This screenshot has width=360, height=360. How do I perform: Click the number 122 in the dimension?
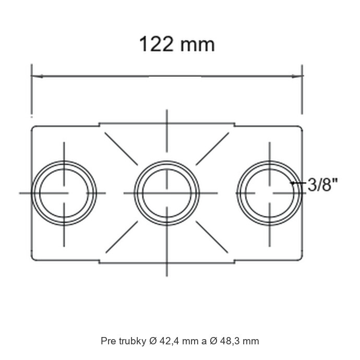[x=156, y=44]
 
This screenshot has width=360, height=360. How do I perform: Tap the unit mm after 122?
[x=197, y=45]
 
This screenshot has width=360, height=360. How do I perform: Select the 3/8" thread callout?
[x=322, y=185]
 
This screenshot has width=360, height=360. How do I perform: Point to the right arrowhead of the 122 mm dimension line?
[x=297, y=76]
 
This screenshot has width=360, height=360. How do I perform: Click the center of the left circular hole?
[x=64, y=193]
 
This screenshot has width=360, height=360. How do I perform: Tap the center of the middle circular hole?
[x=167, y=193]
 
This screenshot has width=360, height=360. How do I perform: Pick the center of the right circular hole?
[x=270, y=193]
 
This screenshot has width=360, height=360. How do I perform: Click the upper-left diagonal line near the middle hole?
[x=121, y=149]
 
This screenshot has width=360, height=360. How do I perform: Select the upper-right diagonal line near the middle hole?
[x=212, y=149]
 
